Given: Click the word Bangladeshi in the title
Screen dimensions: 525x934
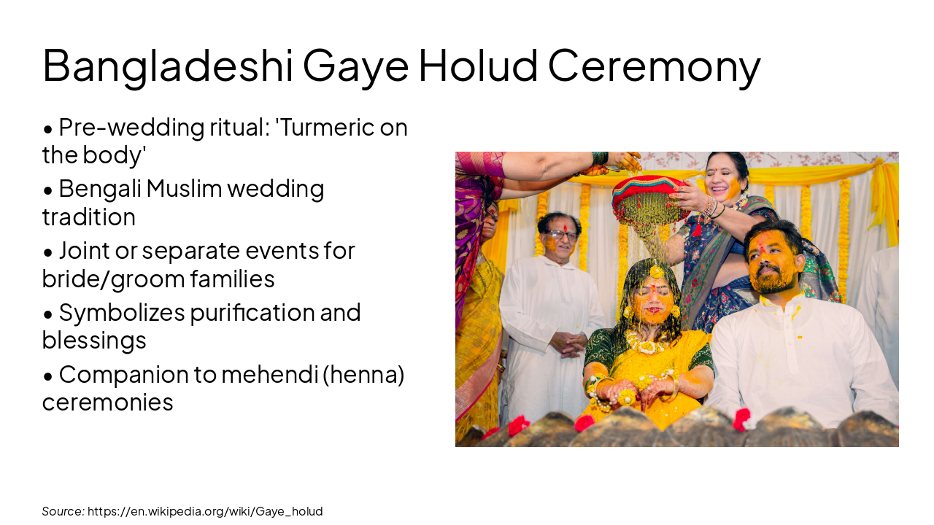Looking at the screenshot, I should [x=168, y=66].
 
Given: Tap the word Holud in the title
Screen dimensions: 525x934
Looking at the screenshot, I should [x=477, y=66].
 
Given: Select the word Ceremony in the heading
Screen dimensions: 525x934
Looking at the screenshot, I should [x=654, y=66].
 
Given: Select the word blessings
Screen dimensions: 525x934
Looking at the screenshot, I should [x=94, y=340].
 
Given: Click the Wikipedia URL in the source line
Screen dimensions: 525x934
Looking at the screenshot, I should [x=205, y=511].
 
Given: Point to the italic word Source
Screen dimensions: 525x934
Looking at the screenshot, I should [x=63, y=511].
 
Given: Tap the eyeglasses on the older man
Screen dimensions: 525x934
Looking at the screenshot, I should [x=562, y=235].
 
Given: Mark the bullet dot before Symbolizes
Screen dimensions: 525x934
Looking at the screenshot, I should [x=48, y=314].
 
